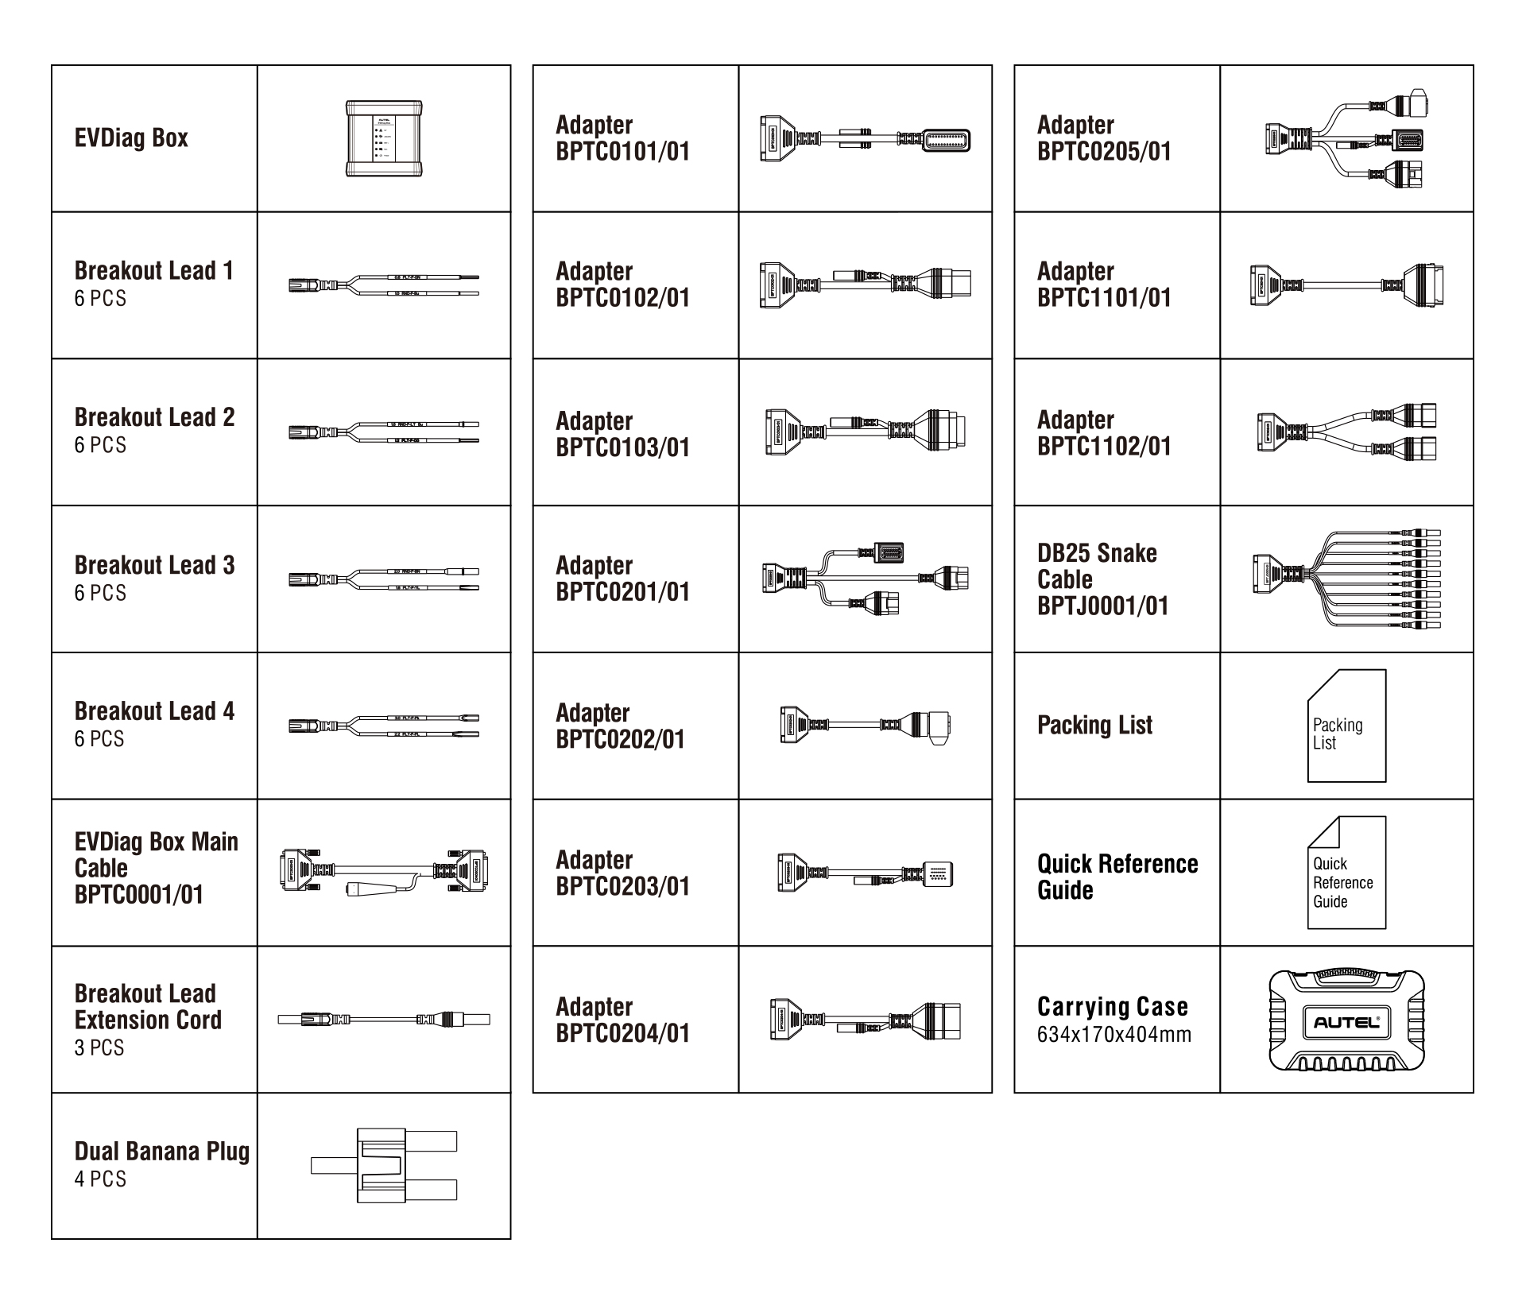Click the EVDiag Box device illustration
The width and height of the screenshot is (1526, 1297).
(x=384, y=138)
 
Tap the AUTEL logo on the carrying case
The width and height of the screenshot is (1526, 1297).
(x=1346, y=1022)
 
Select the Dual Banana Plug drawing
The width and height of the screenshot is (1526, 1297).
(x=384, y=1165)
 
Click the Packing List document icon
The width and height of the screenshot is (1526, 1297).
(x=1346, y=726)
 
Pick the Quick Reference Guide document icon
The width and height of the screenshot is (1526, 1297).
(x=1346, y=873)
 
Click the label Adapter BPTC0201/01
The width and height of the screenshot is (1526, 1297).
(x=622, y=578)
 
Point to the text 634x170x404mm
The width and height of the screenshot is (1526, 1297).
(x=1114, y=1035)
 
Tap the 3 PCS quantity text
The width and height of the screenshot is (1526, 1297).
(x=99, y=1047)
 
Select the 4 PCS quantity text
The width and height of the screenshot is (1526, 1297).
(x=100, y=1179)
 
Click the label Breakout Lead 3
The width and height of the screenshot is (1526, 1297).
(x=154, y=565)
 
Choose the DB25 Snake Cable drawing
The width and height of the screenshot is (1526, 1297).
(x=1346, y=579)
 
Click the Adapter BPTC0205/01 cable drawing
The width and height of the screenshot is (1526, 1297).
(x=1346, y=139)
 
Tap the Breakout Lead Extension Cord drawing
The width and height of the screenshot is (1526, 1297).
(x=384, y=1019)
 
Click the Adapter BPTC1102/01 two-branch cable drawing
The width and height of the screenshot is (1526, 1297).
(x=1346, y=432)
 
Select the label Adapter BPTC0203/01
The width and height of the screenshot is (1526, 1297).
(x=622, y=873)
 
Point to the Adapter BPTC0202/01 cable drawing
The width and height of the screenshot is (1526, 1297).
(x=865, y=726)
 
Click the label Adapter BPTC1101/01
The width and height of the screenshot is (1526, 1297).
(x=1103, y=284)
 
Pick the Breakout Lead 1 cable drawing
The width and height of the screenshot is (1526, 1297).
(x=384, y=285)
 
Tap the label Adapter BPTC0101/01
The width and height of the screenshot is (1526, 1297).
(x=622, y=137)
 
